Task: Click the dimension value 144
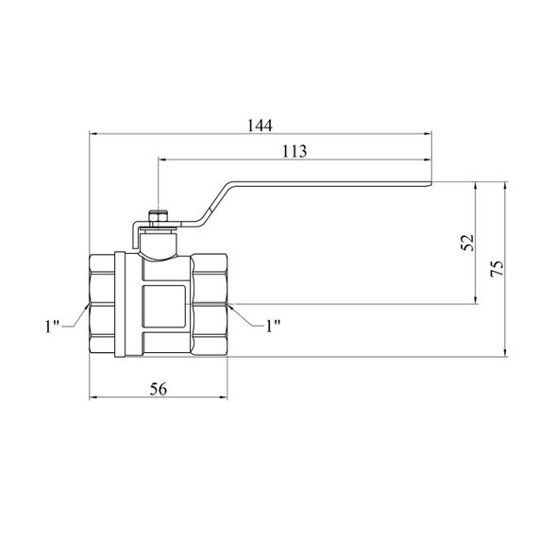click(x=260, y=126)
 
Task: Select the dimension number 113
click(x=294, y=151)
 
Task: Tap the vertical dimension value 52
click(x=467, y=243)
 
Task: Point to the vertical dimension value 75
click(x=497, y=269)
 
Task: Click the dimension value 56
click(x=159, y=389)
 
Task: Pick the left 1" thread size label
click(x=52, y=327)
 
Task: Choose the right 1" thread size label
click(x=274, y=326)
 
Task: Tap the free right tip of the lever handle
click(x=431, y=184)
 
